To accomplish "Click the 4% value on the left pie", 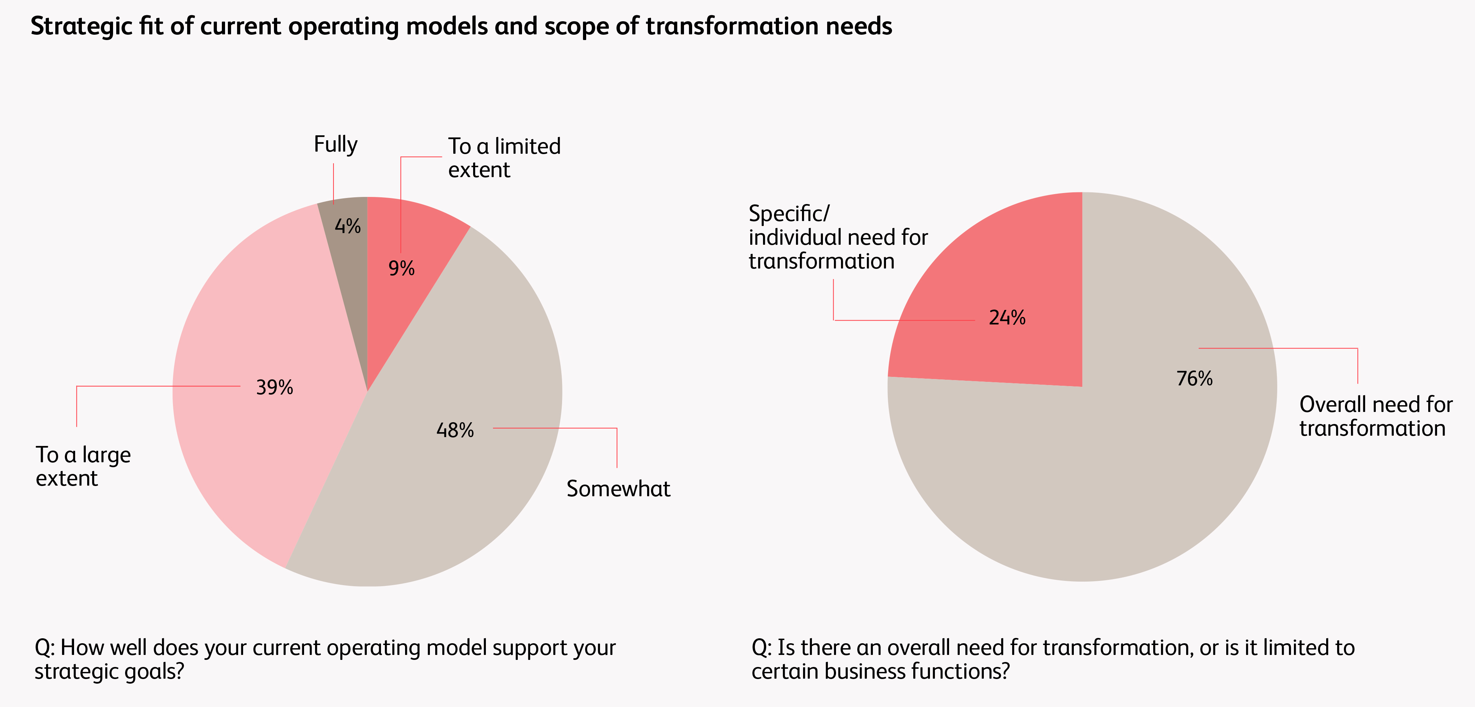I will (348, 226).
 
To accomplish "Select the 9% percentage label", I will (402, 268).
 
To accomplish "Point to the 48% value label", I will (455, 430).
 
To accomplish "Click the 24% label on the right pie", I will (1007, 318).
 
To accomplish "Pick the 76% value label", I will (1194, 378).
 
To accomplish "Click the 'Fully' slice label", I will (336, 144).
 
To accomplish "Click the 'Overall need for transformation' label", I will (1376, 416).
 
